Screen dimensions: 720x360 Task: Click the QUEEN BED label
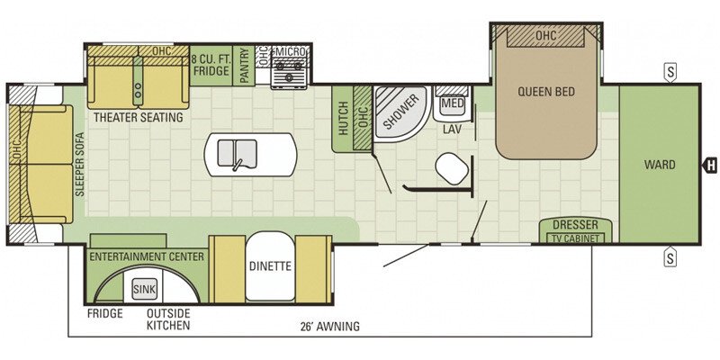tap(546, 92)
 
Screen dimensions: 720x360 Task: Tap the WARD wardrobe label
tap(660, 165)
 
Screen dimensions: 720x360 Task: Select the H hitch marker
tap(711, 166)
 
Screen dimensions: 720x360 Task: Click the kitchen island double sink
tap(237, 153)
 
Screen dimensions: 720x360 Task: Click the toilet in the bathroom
tap(452, 168)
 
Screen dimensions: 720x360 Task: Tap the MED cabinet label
tap(452, 103)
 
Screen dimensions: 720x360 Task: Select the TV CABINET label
tap(575, 238)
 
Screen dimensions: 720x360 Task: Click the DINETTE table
tap(269, 265)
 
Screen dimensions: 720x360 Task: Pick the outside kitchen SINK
tap(145, 290)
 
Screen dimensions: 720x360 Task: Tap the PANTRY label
tap(244, 66)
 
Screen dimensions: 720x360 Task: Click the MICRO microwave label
tap(291, 52)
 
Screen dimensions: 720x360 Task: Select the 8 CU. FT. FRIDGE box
tap(210, 66)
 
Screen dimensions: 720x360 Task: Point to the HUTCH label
tap(343, 119)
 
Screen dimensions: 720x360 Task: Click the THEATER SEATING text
tap(139, 117)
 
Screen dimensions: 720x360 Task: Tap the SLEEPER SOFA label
tap(80, 165)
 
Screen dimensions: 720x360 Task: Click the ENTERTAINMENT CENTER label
tap(147, 256)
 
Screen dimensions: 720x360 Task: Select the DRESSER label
tap(575, 225)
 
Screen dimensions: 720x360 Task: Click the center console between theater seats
tap(139, 79)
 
